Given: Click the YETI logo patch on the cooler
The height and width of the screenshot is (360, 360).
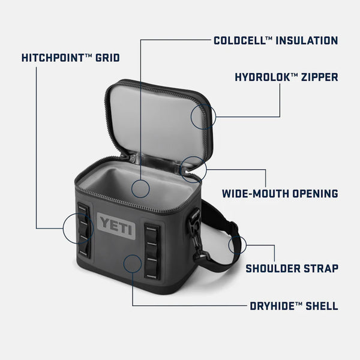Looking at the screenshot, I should tap(112, 225).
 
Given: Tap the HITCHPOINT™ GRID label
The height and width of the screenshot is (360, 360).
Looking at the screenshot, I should tap(70, 58).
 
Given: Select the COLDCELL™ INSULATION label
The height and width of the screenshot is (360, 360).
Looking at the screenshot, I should tap(275, 41).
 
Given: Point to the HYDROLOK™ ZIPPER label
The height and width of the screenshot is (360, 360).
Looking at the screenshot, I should tap(286, 77).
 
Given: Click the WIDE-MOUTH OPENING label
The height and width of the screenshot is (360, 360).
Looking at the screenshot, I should tap(280, 193).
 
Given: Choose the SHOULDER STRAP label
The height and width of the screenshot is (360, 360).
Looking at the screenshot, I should tap(292, 268).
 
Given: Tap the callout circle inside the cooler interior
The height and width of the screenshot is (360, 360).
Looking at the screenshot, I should tap(140, 188).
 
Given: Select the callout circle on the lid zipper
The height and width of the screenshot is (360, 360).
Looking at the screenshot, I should tap(203, 116).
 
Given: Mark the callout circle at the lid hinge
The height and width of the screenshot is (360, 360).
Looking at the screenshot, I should tap(193, 169).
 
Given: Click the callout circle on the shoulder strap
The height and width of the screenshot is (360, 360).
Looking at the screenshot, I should tap(238, 245).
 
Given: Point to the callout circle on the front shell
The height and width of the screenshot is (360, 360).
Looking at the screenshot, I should tap(131, 262).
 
